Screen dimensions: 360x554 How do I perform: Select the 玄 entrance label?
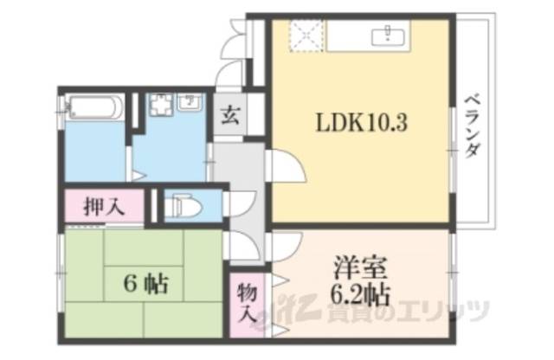tap(229, 113)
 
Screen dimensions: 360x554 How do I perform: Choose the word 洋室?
tap(355, 265)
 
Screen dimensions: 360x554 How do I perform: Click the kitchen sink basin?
tap(387, 36)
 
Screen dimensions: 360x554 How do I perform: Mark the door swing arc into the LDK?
tap(285, 164)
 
